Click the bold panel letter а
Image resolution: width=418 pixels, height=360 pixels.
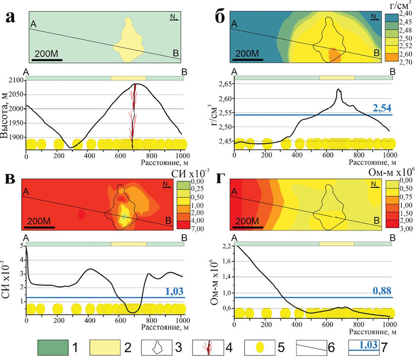[11, 18]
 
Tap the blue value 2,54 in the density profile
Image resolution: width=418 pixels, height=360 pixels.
[382, 108]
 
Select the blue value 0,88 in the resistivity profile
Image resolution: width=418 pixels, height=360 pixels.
[382, 291]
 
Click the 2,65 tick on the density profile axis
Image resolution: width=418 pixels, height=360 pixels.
[225, 84]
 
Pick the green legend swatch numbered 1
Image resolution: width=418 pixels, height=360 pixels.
[53, 347]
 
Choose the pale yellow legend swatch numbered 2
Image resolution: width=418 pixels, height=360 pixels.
[105, 347]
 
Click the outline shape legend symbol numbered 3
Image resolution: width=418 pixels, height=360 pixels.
[158, 347]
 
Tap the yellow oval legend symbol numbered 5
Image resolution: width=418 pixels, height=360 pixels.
[260, 347]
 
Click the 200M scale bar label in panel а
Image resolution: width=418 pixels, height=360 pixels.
[46, 54]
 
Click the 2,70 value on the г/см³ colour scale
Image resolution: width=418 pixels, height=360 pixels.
[405, 62]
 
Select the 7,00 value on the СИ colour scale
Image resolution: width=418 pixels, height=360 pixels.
[198, 229]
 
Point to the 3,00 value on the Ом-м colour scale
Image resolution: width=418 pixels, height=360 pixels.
[406, 229]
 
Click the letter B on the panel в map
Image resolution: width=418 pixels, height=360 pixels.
[168, 220]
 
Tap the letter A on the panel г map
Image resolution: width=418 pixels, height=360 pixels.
[234, 191]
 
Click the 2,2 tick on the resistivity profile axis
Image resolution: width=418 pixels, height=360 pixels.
[227, 246]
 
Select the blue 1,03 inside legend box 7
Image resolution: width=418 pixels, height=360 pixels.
[368, 345]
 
